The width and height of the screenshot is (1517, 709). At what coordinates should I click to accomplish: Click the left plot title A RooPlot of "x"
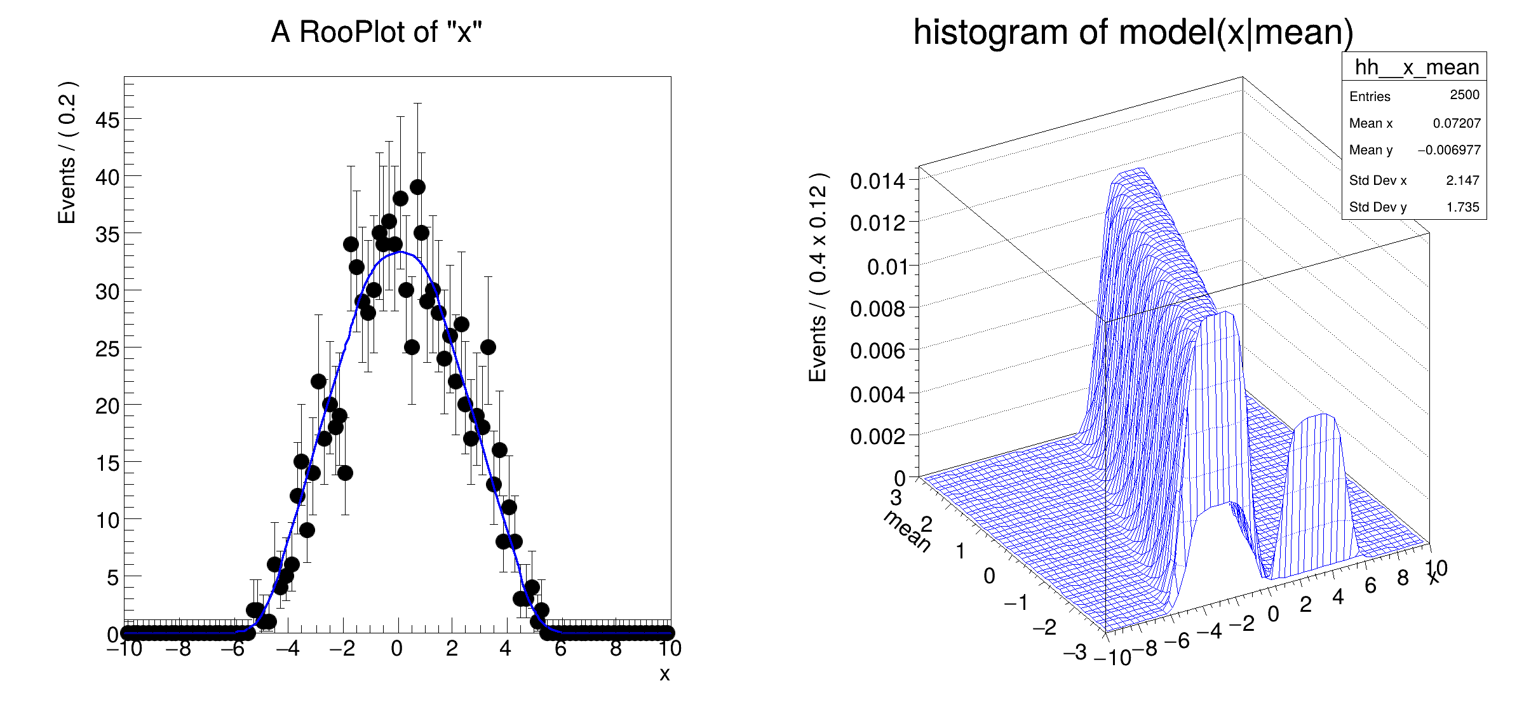tap(377, 32)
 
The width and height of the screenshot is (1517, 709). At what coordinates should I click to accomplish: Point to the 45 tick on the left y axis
tap(107, 119)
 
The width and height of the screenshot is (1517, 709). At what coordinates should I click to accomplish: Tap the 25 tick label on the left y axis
tap(107, 349)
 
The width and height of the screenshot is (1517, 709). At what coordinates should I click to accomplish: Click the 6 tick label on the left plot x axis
tap(560, 649)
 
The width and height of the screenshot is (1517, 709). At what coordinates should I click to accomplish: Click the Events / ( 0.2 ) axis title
tap(67, 152)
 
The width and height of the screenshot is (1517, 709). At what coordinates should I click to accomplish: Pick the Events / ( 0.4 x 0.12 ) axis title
tap(818, 277)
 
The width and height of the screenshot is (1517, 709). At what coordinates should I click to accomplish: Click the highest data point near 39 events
tap(417, 187)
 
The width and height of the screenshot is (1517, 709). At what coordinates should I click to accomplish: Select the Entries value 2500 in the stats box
tap(1464, 95)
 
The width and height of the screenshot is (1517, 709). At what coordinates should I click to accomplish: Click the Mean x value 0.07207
tap(1456, 123)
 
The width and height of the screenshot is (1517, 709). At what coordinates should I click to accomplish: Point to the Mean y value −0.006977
tap(1448, 150)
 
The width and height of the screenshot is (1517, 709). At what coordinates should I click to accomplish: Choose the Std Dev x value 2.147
tap(1462, 180)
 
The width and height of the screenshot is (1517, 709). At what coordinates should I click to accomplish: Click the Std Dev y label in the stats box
tap(1377, 207)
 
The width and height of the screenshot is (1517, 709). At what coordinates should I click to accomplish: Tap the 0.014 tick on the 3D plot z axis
tap(877, 181)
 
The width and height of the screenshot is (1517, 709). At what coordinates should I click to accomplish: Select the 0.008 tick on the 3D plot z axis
tap(877, 309)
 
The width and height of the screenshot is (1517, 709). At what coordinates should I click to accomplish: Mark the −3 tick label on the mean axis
tap(1075, 652)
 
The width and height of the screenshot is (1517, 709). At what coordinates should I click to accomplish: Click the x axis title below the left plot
tap(664, 674)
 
